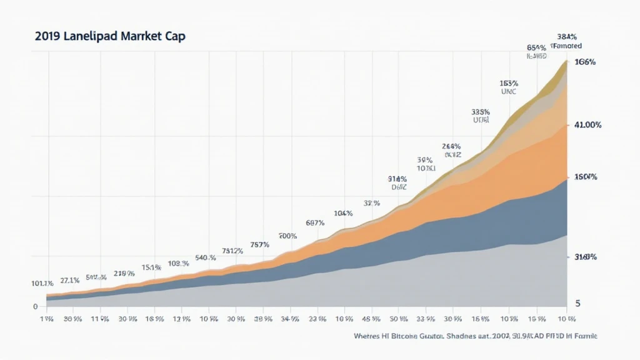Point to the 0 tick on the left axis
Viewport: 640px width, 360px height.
[x=35, y=306]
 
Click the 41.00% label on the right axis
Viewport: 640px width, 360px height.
[x=587, y=125]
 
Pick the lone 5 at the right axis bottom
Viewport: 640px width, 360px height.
[x=577, y=303]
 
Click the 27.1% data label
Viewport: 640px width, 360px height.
[x=69, y=281]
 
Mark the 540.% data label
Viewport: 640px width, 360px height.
[x=206, y=257]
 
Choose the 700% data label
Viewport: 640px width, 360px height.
[x=287, y=236]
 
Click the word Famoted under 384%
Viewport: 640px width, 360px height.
[x=567, y=46]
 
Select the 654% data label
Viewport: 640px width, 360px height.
[x=537, y=47]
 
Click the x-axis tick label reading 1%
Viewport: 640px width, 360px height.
[x=45, y=318]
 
